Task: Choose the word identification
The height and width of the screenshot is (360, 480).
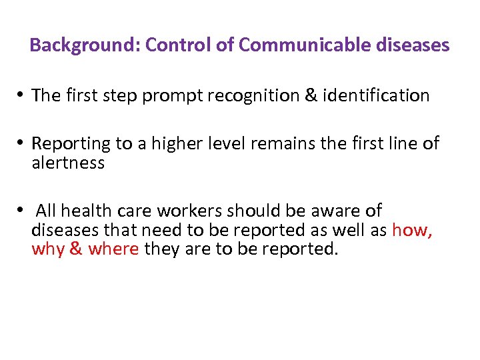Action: tap(377, 96)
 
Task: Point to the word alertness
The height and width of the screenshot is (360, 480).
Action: tap(68, 163)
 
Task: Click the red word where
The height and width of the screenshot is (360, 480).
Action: tap(113, 249)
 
